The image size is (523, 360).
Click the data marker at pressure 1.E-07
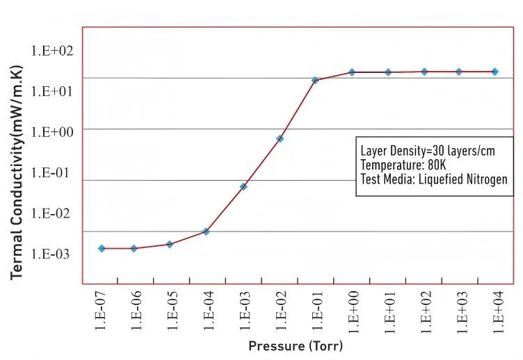pyautogui.click(x=102, y=248)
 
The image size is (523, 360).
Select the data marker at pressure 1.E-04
pyautogui.click(x=206, y=231)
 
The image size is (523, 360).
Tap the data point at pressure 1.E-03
pyautogui.click(x=243, y=186)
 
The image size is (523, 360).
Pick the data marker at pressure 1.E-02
pyautogui.click(x=280, y=138)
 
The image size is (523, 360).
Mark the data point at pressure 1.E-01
pyautogui.click(x=315, y=81)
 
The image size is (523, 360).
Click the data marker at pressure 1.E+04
pyautogui.click(x=495, y=72)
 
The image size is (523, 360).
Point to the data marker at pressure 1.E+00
pyautogui.click(x=352, y=72)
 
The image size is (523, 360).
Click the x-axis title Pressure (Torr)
pyautogui.click(x=296, y=345)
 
